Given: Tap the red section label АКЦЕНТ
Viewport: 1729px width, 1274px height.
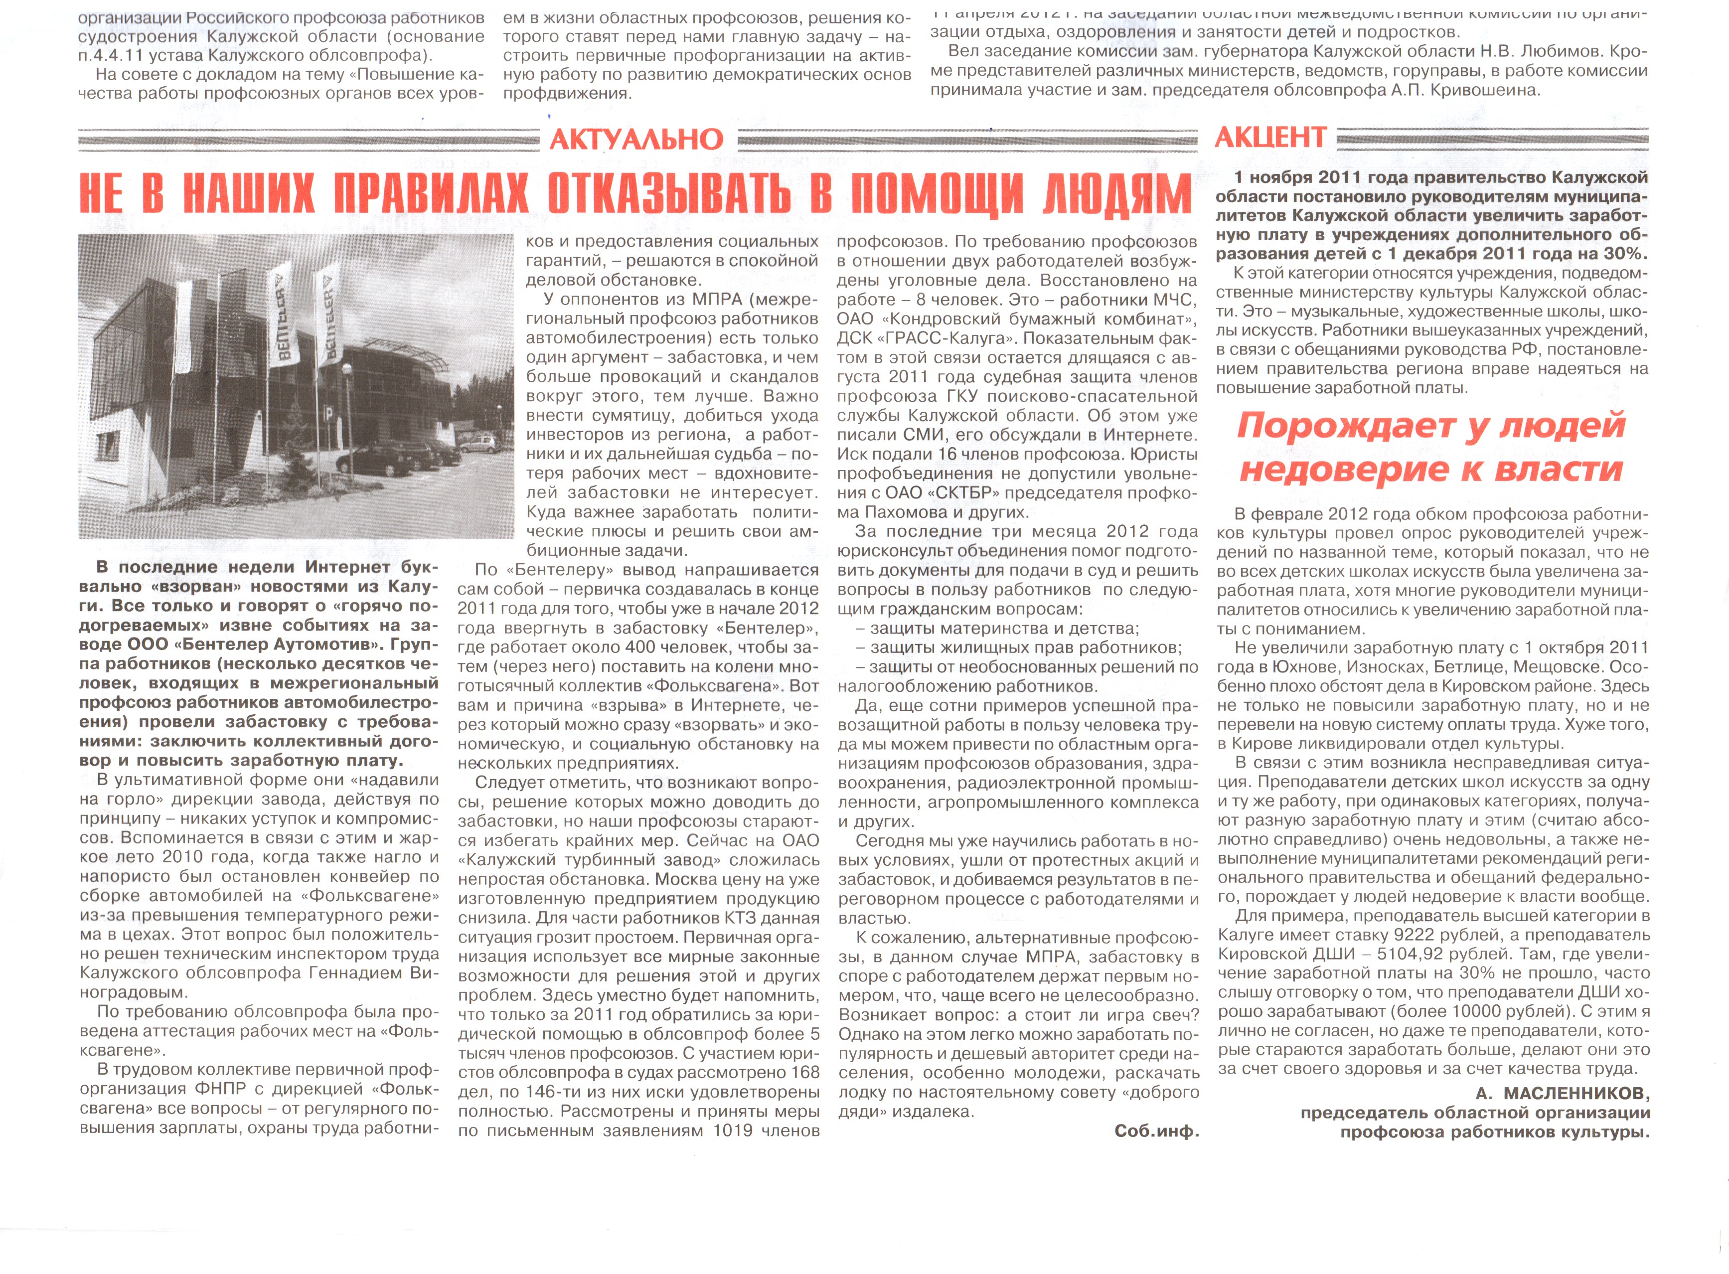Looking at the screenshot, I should point(1269,137).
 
